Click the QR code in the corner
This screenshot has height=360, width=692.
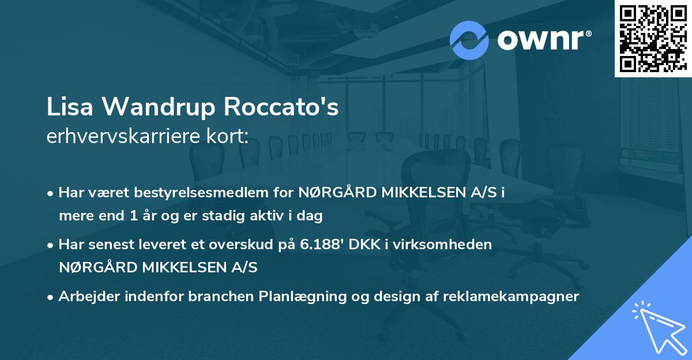pyautogui.click(x=653, y=38)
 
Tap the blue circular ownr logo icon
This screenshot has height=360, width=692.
pyautogui.click(x=469, y=40)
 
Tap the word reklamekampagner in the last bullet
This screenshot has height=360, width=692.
pyautogui.click(x=510, y=297)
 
